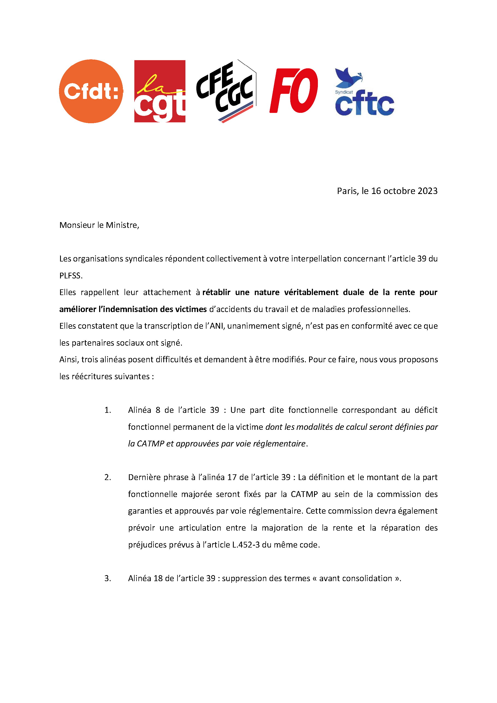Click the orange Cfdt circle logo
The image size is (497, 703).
tap(91, 91)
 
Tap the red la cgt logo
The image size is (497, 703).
tap(160, 91)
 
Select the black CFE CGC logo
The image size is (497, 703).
tap(226, 91)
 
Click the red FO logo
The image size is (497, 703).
tap(294, 91)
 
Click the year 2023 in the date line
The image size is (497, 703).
tap(427, 191)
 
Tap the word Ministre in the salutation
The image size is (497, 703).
tap(122, 225)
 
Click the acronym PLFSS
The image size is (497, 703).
tap(71, 276)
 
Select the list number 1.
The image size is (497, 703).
tap(107, 410)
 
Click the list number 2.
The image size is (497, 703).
tap(107, 477)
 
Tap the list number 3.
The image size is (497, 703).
tap(107, 578)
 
